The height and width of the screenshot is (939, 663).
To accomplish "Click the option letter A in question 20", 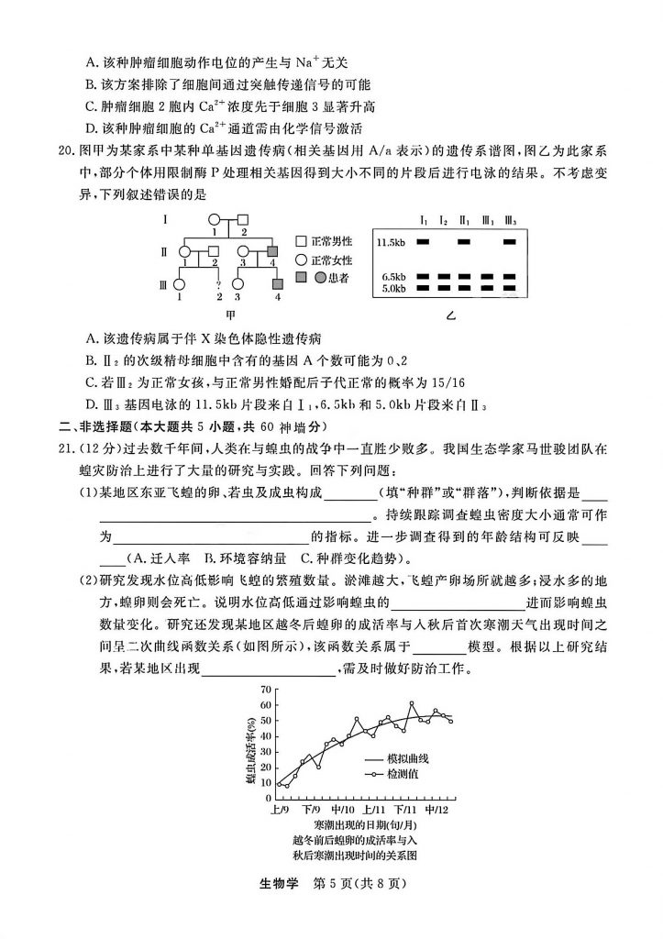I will click(x=91, y=338).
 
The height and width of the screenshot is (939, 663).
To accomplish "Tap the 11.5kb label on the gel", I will click(x=391, y=242).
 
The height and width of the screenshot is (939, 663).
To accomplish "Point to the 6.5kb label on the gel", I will click(x=393, y=275).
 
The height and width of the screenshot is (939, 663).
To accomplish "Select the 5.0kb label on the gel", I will click(x=393, y=288).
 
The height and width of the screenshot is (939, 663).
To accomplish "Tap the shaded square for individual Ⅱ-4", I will click(x=271, y=249).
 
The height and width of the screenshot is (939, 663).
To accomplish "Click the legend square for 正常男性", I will click(x=301, y=241).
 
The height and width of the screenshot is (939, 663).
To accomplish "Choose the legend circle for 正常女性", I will click(x=301, y=260).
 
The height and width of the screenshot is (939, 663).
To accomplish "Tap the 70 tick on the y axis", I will click(x=265, y=689).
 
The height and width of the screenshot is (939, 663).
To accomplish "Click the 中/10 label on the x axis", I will click(x=343, y=811).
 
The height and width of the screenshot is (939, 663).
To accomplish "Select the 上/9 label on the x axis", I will click(x=280, y=811).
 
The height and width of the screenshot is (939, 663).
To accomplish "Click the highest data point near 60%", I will click(x=412, y=703).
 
